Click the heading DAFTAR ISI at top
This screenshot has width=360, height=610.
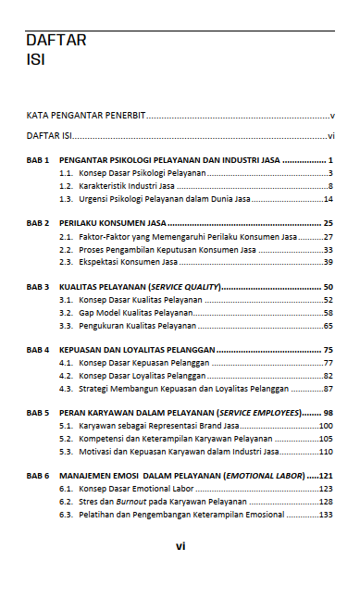pyautogui.click(x=56, y=50)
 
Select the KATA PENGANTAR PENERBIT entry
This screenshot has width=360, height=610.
pyautogui.click(x=86, y=117)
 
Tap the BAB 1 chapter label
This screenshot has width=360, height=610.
pyautogui.click(x=37, y=160)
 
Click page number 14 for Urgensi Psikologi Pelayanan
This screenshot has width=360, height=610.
pyautogui.click(x=328, y=199)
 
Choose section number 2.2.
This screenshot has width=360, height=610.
pyautogui.click(x=66, y=249)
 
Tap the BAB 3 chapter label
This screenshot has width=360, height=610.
pyautogui.click(x=37, y=287)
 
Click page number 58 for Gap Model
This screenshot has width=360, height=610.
pyautogui.click(x=328, y=313)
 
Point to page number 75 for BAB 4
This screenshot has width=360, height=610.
pyautogui.click(x=328, y=350)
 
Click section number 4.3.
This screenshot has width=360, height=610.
pyautogui.click(x=66, y=389)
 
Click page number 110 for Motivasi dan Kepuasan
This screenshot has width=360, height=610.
pyautogui.click(x=326, y=452)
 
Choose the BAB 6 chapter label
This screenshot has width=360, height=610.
pyautogui.click(x=37, y=476)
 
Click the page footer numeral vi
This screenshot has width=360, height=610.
pyautogui.click(x=180, y=546)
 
